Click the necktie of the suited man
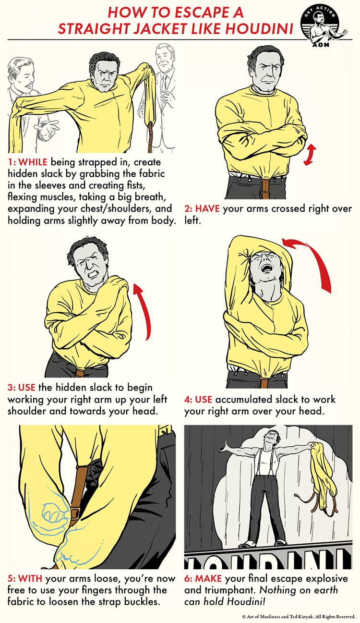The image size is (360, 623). (165, 82)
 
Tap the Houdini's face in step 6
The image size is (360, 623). (272, 436)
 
